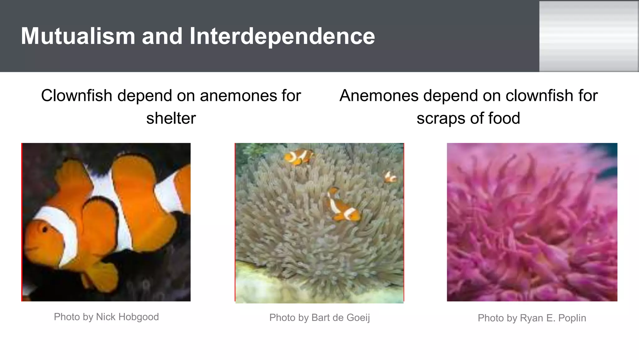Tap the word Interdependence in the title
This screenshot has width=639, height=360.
coord(282,36)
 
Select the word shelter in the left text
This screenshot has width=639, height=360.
coord(171,118)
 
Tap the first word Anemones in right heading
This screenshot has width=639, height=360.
coord(379,96)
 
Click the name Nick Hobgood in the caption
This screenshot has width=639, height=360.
coord(127,317)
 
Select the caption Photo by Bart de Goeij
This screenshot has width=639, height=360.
coord(319,318)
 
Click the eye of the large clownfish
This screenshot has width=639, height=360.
coord(45,230)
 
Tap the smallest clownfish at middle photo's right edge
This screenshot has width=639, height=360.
coord(390,177)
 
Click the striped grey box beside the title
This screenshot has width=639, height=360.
coord(588,36)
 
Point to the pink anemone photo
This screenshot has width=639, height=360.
coord(532,222)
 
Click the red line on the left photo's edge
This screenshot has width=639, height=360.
coord(22,222)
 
